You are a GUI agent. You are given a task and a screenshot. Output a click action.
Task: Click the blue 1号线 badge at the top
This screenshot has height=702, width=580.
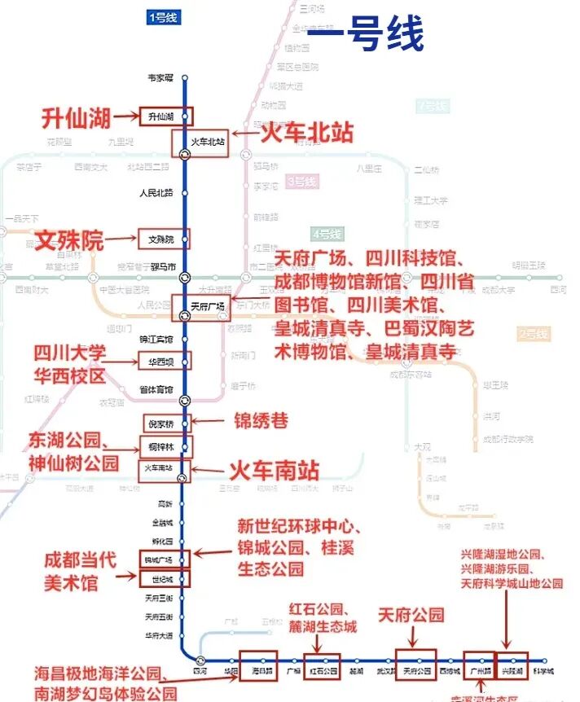pyautogui.click(x=162, y=17)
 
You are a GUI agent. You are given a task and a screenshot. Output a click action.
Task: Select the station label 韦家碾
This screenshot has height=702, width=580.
pyautogui.click(x=160, y=78)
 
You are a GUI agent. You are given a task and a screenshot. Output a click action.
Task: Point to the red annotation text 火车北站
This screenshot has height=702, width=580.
pyautogui.click(x=305, y=133)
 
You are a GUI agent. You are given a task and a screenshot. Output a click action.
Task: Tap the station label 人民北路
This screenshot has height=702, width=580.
pyautogui.click(x=156, y=193)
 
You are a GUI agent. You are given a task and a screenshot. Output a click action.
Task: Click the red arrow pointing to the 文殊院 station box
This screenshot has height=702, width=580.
pyautogui.click(x=123, y=239)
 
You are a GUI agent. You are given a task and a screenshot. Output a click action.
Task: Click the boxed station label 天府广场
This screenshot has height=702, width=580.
pyautogui.click(x=206, y=307)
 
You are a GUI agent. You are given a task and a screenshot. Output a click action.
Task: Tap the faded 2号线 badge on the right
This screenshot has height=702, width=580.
pyautogui.click(x=533, y=333)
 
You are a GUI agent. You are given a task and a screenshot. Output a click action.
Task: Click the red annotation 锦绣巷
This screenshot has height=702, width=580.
pyautogui.click(x=261, y=421)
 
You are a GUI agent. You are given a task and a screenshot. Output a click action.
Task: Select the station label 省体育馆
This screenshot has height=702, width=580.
pyautogui.click(x=156, y=389)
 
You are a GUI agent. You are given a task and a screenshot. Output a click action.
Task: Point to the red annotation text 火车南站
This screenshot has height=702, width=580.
pyautogui.click(x=273, y=470)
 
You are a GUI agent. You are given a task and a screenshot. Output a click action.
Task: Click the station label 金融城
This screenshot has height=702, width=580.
pyautogui.click(x=162, y=521)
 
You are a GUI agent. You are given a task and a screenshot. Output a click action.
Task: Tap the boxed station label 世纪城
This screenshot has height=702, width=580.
pyautogui.click(x=162, y=579)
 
